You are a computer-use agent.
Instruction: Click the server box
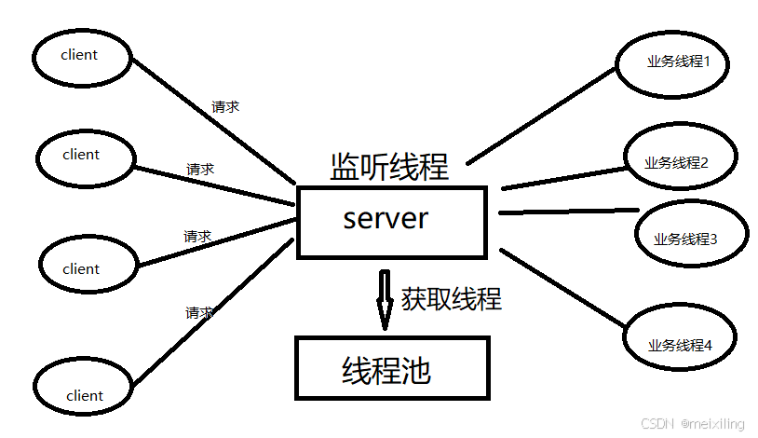point(391,222)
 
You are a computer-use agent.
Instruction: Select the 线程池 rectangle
point(391,369)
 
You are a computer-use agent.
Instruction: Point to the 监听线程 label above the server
point(389,166)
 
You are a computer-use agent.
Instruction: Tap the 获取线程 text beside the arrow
point(452,298)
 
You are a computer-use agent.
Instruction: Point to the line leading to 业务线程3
point(568,212)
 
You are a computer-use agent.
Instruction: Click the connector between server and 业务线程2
point(563,179)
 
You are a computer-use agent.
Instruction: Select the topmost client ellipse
point(80,56)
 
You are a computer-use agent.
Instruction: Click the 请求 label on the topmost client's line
point(225,106)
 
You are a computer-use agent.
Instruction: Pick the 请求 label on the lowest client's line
point(199,312)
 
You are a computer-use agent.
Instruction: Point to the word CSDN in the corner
point(657,424)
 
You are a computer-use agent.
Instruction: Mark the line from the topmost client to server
point(214,121)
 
